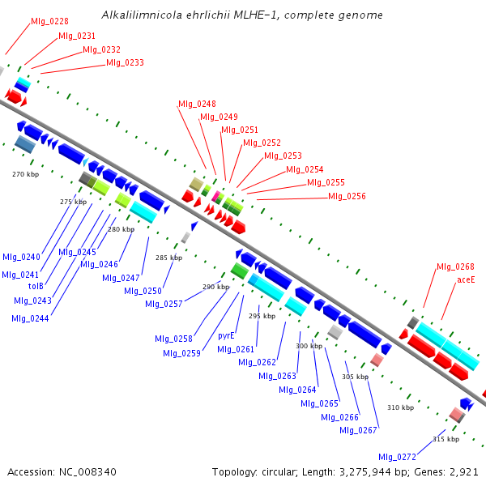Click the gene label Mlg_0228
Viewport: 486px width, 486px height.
click(49, 21)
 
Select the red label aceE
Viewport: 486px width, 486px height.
click(466, 280)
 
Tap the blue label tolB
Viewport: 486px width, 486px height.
click(36, 286)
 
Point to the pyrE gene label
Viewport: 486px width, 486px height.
click(226, 336)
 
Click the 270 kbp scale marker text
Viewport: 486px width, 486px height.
click(26, 174)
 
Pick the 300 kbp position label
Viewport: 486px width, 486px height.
click(309, 346)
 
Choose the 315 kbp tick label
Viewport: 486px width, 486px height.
click(446, 439)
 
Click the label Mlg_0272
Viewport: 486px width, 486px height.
click(398, 457)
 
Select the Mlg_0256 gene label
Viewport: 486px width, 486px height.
click(347, 197)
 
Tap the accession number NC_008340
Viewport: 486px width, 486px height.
click(87, 472)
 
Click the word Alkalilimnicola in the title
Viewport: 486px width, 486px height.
click(142, 15)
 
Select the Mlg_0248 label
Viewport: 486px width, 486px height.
click(197, 104)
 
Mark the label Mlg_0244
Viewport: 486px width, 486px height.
click(31, 318)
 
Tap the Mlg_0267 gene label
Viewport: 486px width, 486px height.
click(358, 431)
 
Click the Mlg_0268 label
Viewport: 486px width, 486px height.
click(455, 266)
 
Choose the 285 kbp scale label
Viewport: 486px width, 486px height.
click(169, 258)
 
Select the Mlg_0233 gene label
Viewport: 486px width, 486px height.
click(126, 63)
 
